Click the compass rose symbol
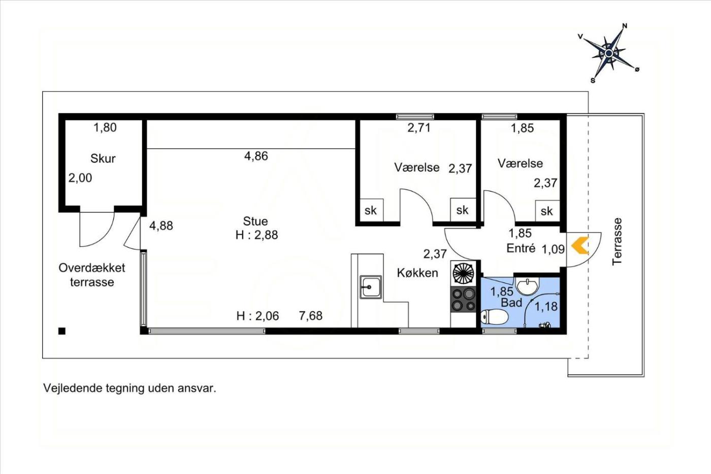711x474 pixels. tap(608, 53)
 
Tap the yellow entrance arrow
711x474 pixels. tap(580, 245)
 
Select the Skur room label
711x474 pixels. tap(103, 158)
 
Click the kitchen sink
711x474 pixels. tap(370, 287)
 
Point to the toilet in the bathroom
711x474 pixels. tap(494, 317)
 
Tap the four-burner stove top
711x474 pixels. tap(463, 299)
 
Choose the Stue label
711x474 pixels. tap(255, 221)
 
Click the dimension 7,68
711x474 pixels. tap(311, 315)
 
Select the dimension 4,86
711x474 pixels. tap(256, 156)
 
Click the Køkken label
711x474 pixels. tap(417, 273)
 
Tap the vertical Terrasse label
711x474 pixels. tap(617, 241)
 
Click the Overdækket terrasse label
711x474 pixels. tap(92, 275)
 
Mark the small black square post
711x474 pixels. tap(62, 331)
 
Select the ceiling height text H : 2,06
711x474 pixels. tap(257, 316)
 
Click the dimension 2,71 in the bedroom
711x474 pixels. tap(419, 128)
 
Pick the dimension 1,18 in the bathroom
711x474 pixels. tap(546, 306)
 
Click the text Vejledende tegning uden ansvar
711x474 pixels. tap(130, 388)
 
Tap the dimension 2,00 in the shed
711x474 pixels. tap(80, 178)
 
